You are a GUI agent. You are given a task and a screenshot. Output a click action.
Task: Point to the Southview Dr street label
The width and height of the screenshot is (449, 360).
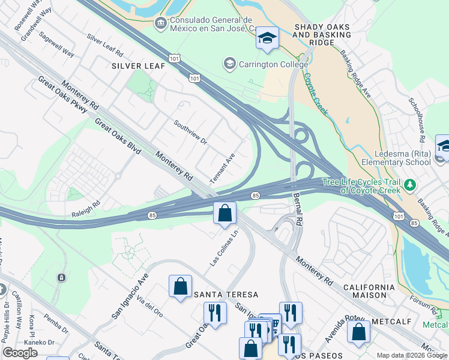190,133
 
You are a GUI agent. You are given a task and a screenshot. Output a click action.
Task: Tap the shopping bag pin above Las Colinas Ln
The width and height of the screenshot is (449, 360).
224,214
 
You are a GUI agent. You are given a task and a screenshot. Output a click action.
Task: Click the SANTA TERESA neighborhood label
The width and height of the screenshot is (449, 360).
226,295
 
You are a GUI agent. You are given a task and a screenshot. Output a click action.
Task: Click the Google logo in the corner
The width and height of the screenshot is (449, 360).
20,352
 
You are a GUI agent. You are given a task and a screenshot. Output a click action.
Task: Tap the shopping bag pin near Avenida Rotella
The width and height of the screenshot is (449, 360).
359,331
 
